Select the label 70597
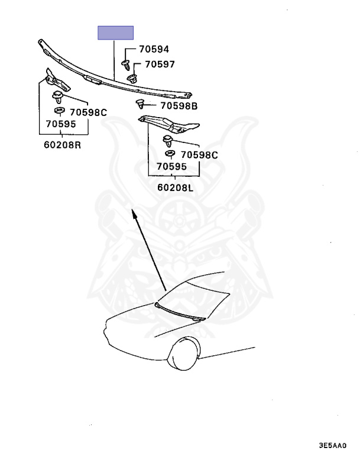pos(158,65)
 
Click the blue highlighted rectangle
pos(115,33)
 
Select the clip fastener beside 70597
pos(132,77)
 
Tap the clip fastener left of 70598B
pos(140,105)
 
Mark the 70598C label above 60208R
pos(88,112)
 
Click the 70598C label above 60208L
pos(199,155)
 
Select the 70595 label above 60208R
pos(60,125)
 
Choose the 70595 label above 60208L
pos(171,167)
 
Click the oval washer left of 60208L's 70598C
pos(169,154)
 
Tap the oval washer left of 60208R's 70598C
pos(59,110)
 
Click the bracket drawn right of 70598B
pos(170,124)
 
